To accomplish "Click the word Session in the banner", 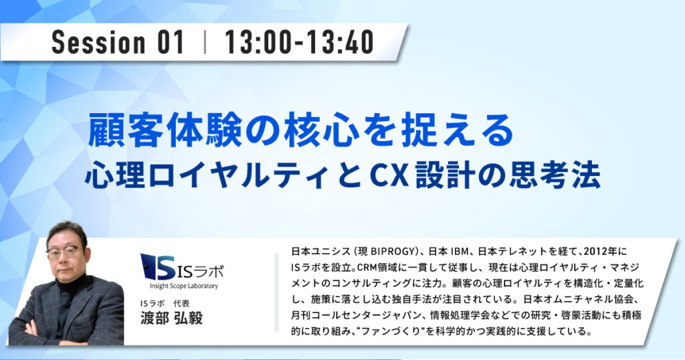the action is click(98, 42).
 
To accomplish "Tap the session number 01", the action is click(170, 42).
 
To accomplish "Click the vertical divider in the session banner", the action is click(205, 42).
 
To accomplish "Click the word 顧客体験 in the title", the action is click(165, 130).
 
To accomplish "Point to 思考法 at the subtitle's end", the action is click(555, 175).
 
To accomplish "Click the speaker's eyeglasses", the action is click(64, 253).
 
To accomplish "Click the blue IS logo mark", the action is click(159, 266).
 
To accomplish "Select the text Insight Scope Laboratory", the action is click(183, 286).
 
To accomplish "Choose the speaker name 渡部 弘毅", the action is click(171, 318).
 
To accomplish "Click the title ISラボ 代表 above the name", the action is click(165, 303).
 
